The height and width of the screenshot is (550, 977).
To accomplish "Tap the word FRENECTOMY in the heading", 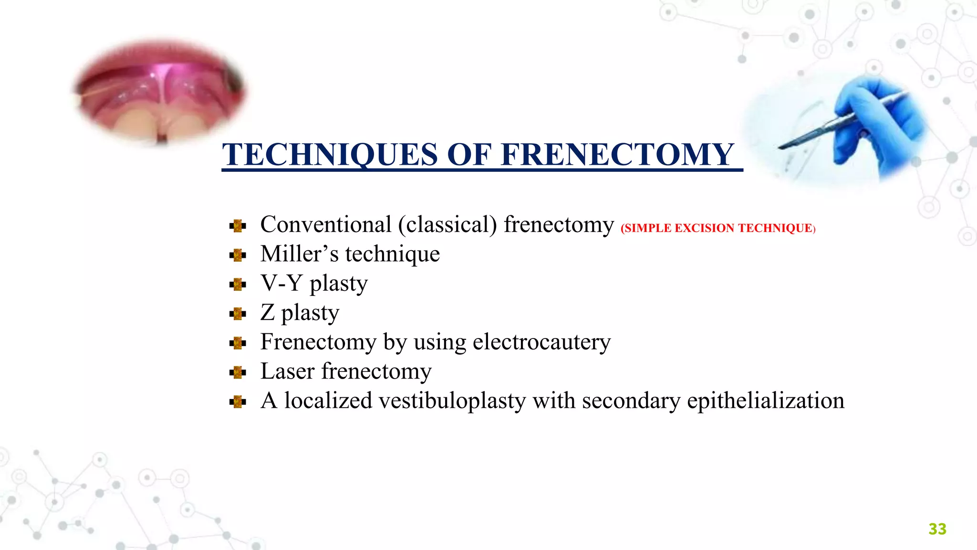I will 617,155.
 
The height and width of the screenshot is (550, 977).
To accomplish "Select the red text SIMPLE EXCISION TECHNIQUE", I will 718,228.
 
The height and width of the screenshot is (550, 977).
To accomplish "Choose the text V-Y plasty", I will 314,284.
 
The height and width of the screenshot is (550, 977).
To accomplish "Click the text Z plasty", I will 300,313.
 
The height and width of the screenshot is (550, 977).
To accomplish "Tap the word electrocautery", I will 541,342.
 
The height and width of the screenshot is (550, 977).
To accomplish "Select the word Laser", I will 287,371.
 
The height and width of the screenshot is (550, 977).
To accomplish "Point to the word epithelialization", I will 765,401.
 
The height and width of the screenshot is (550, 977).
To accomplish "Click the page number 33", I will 937,529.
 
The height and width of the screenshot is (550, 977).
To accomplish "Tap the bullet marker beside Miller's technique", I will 237,255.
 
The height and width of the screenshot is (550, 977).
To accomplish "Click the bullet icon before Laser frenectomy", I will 237,372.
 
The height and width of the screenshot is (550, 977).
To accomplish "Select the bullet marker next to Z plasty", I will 237,314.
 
